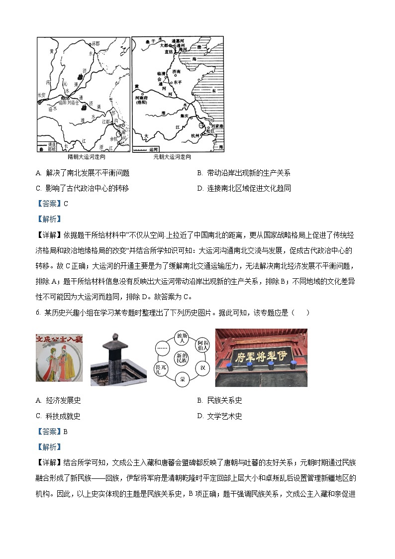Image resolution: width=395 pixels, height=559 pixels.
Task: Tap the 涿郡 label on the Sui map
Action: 96,44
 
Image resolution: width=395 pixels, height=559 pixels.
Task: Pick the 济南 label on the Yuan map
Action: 177,72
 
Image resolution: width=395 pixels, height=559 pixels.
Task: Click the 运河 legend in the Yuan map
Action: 149,149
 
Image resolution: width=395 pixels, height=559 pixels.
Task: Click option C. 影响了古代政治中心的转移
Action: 82,188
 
